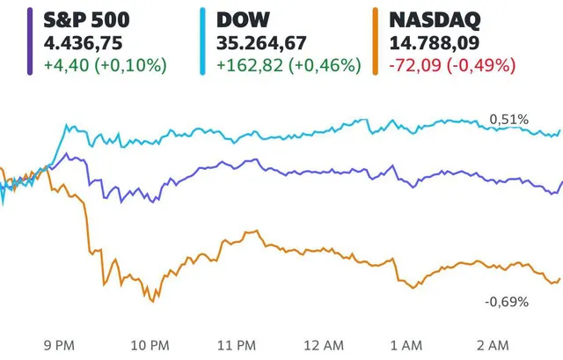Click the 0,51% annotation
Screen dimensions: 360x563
pos(508,119)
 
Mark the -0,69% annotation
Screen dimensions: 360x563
pos(507,302)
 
